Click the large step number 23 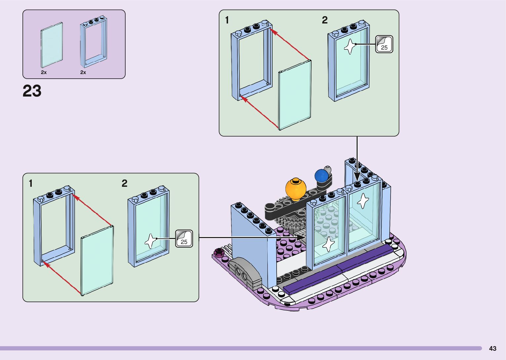point(32,91)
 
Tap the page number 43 point(493,348)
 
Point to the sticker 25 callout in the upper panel point(384,44)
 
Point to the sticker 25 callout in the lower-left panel point(184,239)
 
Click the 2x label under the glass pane point(44,72)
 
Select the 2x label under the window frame point(83,72)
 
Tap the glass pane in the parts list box point(52,45)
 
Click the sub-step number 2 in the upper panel point(325,20)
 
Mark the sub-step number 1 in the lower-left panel point(31,183)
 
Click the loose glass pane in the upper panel point(295,95)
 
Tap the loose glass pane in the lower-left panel point(97,260)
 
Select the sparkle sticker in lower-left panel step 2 point(151,241)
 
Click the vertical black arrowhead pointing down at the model point(357,177)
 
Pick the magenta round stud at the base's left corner point(219,251)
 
